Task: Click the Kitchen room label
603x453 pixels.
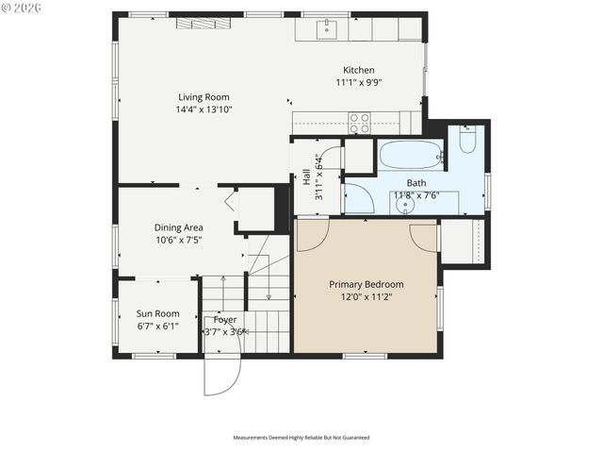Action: point(358,70)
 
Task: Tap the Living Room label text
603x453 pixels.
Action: point(204,96)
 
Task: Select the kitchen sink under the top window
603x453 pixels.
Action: point(327,28)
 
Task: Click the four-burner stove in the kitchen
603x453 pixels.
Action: point(359,123)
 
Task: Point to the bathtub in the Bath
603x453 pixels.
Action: point(410,155)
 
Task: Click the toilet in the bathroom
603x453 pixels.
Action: point(467,140)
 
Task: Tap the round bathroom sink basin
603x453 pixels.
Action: point(407,205)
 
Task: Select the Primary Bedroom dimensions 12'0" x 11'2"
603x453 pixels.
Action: point(366,297)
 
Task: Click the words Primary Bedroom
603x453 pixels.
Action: point(366,284)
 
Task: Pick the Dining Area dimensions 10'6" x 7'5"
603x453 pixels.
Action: point(179,241)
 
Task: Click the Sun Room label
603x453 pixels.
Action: point(157,313)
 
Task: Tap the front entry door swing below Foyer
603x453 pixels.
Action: point(222,373)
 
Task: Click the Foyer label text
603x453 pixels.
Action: point(225,320)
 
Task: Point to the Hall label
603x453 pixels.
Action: point(306,176)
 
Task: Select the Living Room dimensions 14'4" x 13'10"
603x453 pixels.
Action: point(204,109)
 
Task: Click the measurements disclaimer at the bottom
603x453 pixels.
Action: point(301,438)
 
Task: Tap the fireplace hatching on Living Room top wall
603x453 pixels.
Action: point(203,23)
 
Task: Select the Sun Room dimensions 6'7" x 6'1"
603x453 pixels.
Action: point(157,327)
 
